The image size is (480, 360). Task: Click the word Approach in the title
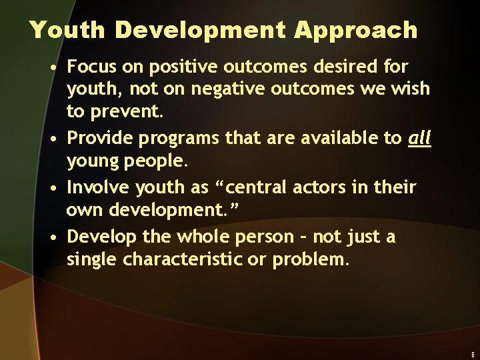coord(357,31)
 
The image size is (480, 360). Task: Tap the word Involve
coord(97,187)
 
